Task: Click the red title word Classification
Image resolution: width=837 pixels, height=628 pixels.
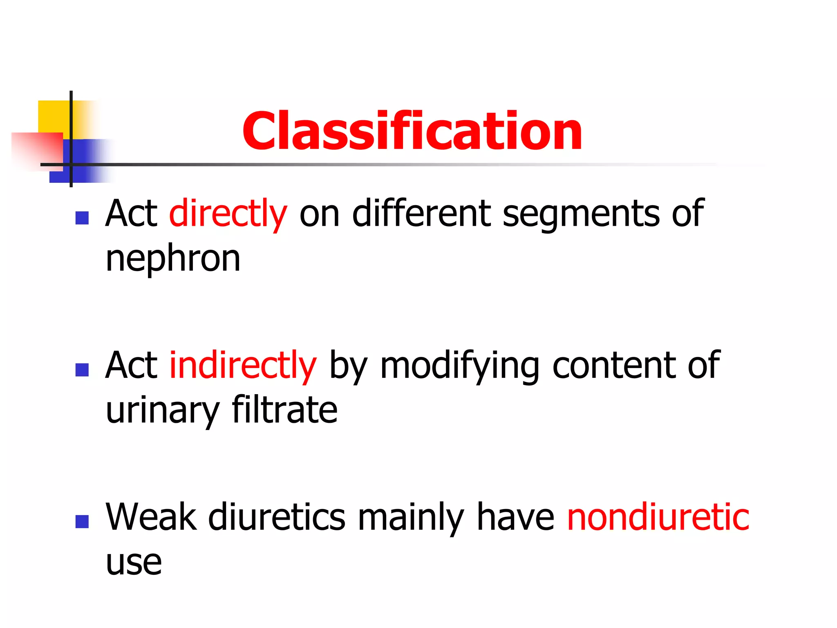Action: (x=412, y=132)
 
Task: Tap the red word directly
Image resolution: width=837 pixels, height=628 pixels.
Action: (x=228, y=213)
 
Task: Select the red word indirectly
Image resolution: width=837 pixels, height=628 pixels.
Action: (x=243, y=365)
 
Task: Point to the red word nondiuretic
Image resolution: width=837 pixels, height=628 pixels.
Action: (x=658, y=517)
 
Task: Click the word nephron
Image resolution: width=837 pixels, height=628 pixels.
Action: (x=173, y=259)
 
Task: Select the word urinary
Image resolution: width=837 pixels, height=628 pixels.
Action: (x=163, y=411)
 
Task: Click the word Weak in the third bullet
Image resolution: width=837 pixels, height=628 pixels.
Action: (x=151, y=517)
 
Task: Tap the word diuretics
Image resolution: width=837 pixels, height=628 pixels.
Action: (x=277, y=517)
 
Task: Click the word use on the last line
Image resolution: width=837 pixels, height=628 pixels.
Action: (x=134, y=563)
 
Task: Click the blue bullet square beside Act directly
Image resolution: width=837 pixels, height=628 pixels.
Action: (x=82, y=218)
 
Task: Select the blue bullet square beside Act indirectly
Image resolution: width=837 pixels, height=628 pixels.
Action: (x=82, y=370)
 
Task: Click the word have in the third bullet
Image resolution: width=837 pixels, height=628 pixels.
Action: (x=515, y=517)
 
